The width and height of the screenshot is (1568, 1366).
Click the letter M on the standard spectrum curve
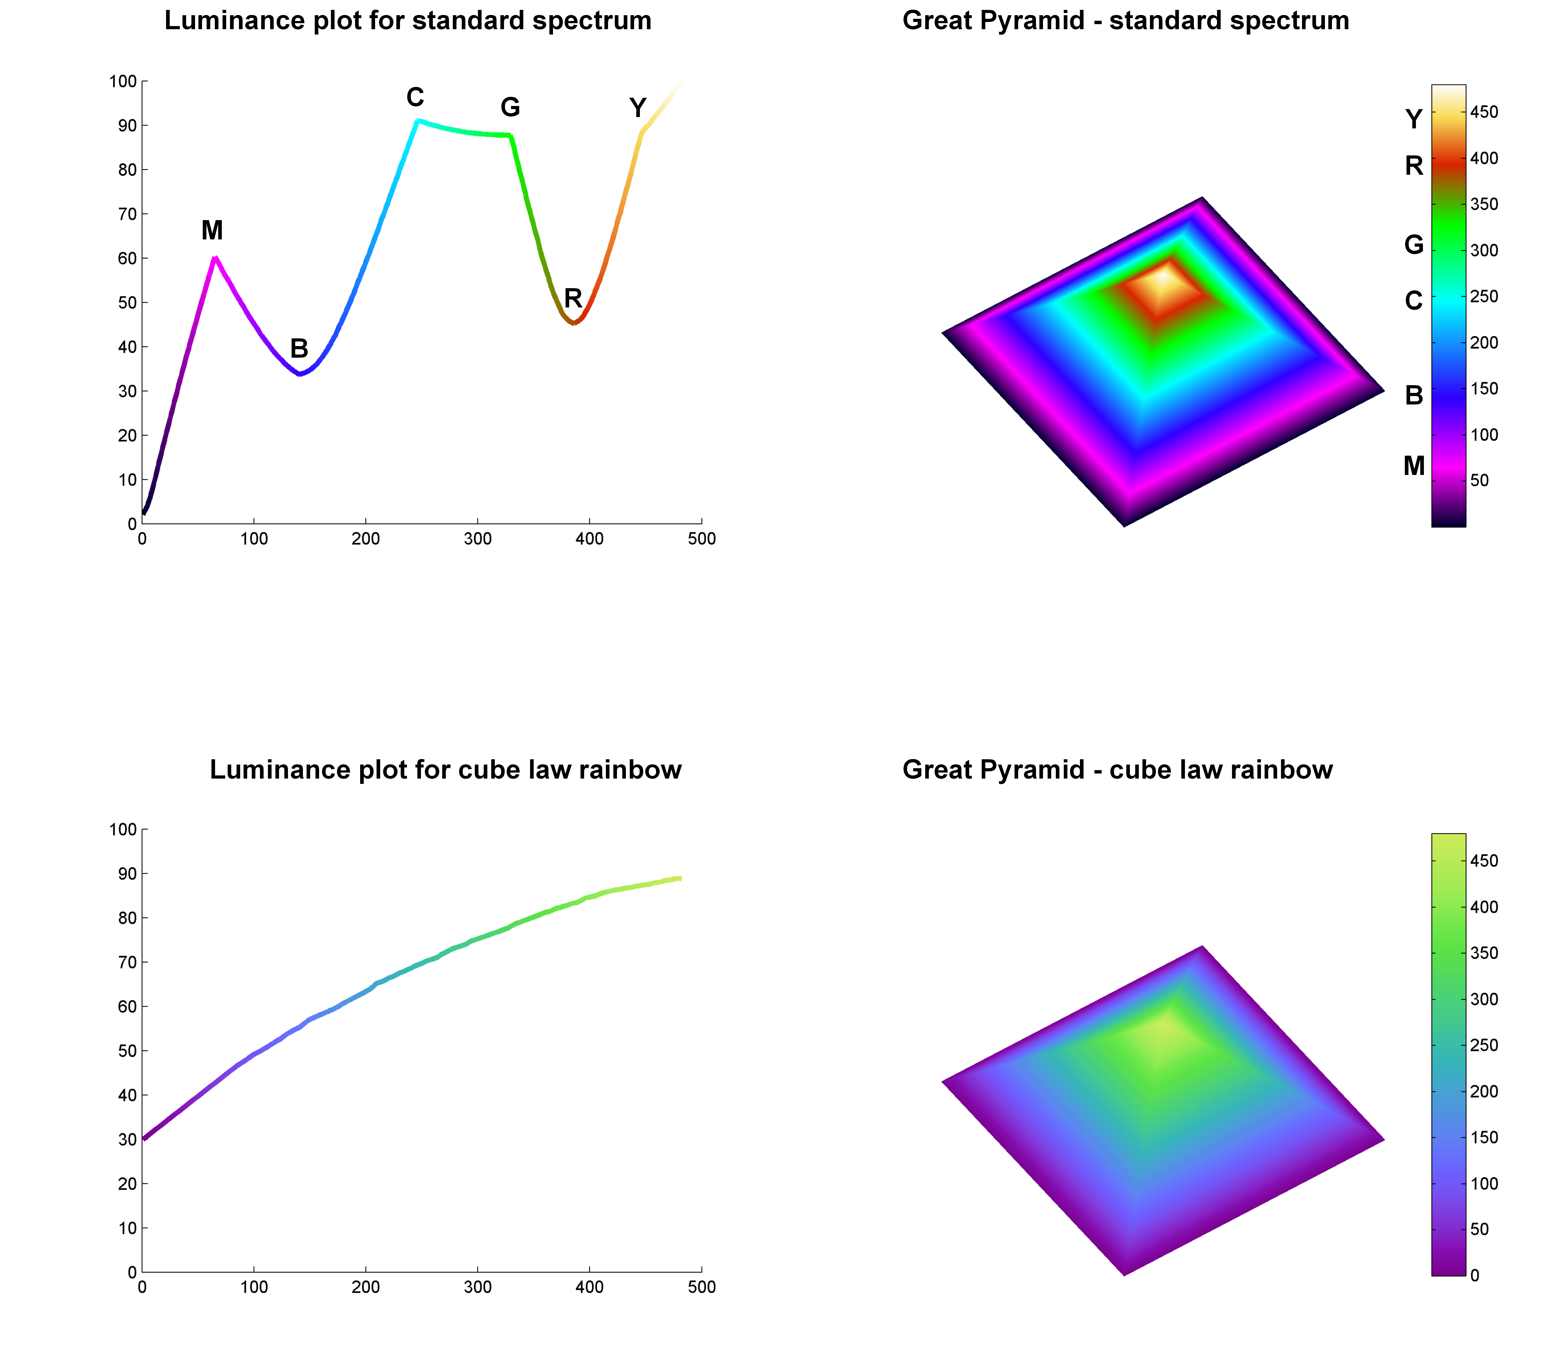(x=212, y=230)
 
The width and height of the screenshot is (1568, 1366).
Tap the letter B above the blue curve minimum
(x=299, y=349)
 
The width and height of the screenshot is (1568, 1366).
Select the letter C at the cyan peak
(x=415, y=98)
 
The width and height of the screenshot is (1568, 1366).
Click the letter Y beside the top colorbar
(x=1413, y=120)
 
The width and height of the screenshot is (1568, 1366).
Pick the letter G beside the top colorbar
(x=1413, y=245)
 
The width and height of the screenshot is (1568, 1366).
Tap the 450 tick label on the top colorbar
(x=1484, y=112)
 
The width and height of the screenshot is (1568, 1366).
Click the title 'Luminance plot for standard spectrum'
(x=408, y=21)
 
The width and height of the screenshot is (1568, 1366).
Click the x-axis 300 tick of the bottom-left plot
(x=477, y=1288)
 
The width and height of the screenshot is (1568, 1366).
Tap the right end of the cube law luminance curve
(x=679, y=878)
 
